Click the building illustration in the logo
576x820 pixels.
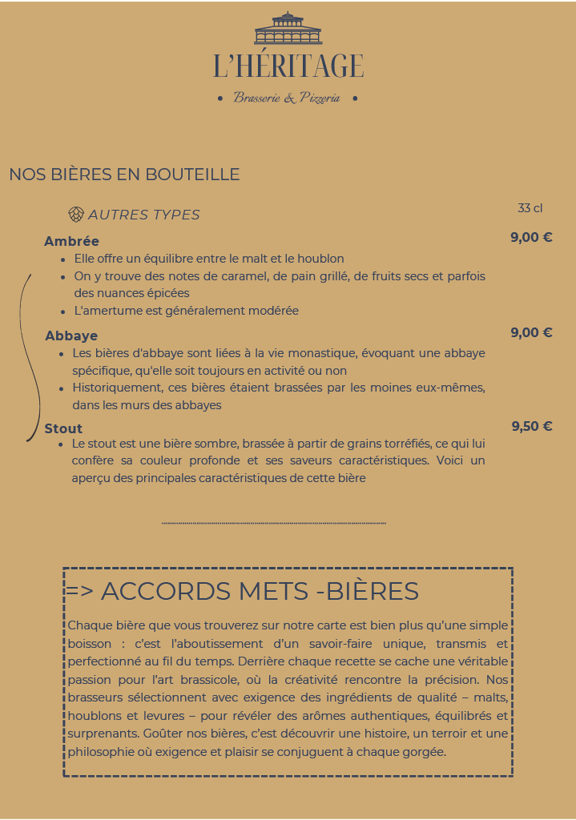(x=288, y=29)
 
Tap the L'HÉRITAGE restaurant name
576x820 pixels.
(x=288, y=66)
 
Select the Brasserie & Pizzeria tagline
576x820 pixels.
(x=287, y=98)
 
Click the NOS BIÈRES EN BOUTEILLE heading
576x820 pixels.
(x=124, y=175)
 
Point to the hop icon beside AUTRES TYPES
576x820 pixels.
(x=76, y=214)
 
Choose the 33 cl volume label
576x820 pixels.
(x=530, y=208)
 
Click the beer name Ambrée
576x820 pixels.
(x=71, y=241)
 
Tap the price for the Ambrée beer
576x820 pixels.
(x=531, y=237)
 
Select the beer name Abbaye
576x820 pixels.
(x=71, y=336)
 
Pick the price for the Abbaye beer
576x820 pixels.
(x=531, y=332)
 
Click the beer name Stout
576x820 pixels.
(x=63, y=428)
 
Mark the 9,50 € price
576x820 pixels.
(x=531, y=426)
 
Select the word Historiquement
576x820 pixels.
(x=121, y=388)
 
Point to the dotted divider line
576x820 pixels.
(x=274, y=523)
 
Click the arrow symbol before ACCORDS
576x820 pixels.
(x=79, y=592)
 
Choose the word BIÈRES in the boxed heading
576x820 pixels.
(x=373, y=591)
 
